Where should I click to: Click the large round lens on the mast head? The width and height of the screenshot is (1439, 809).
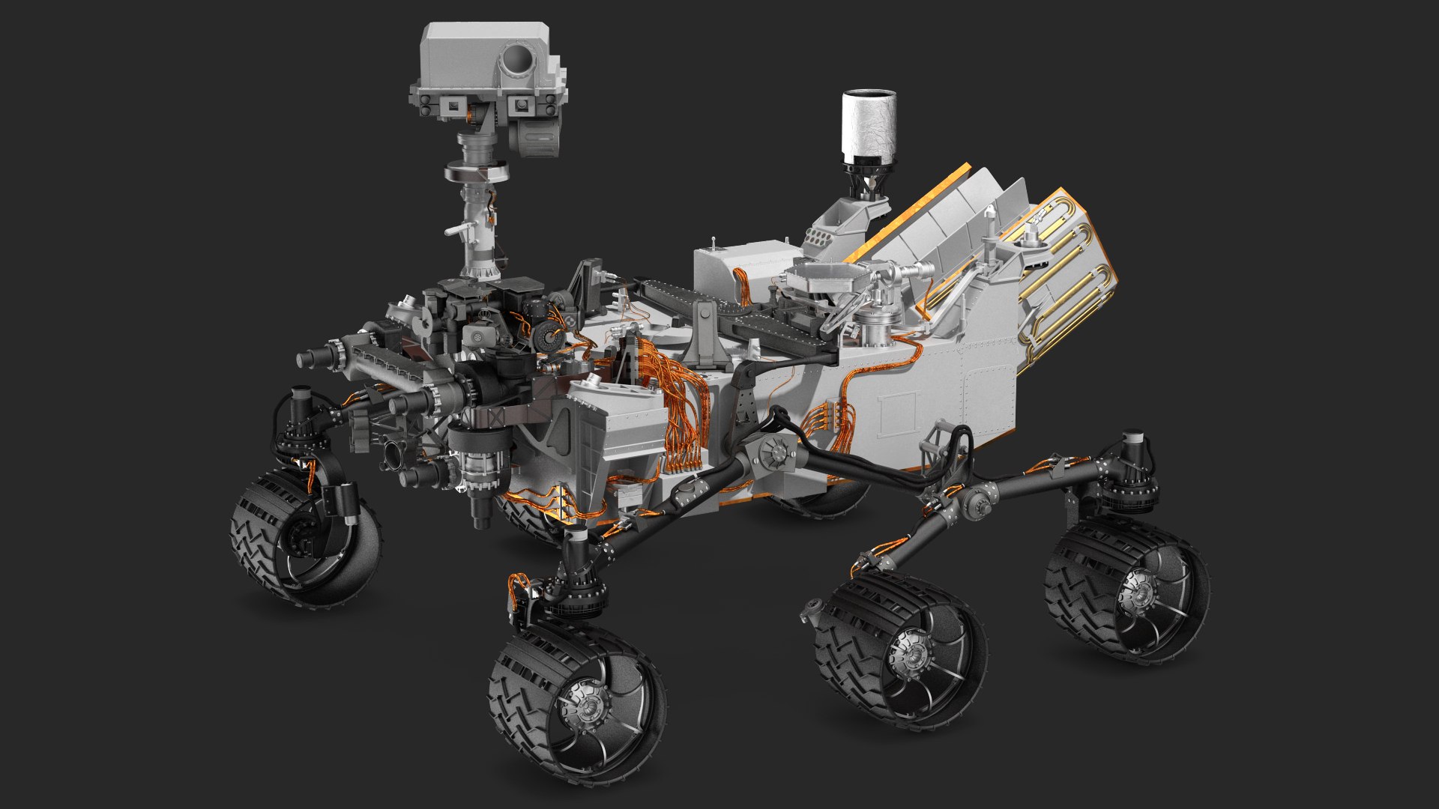pos(516,58)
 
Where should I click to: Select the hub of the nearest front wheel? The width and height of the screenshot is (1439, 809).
pos(588,704)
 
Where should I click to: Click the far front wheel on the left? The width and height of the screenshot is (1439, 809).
pos(304,536)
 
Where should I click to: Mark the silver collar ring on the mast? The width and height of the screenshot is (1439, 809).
pos(475,173)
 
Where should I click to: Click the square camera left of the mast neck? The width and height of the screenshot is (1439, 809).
pos(452,109)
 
